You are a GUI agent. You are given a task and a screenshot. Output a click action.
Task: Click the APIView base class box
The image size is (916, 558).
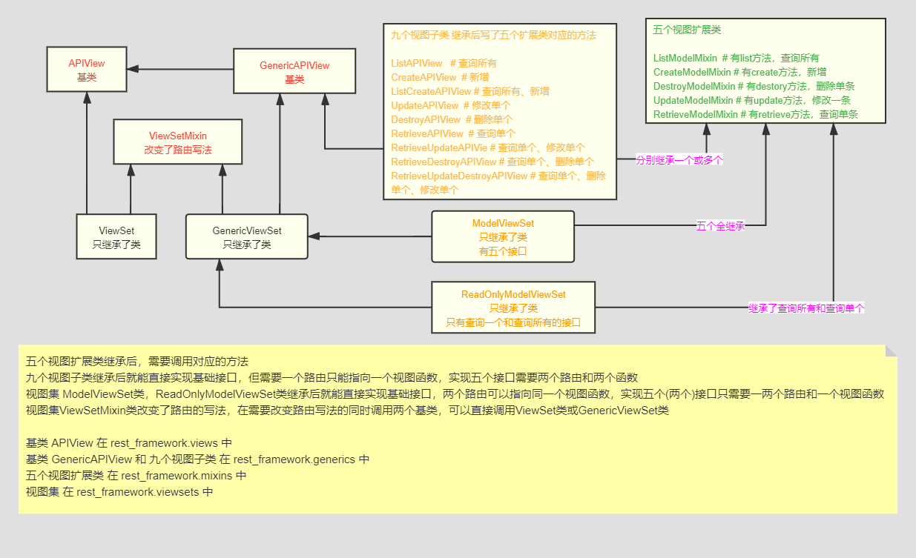click(86, 70)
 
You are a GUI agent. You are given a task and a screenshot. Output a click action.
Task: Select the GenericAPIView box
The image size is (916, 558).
click(294, 71)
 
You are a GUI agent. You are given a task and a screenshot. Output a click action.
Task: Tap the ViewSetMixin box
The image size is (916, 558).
click(177, 142)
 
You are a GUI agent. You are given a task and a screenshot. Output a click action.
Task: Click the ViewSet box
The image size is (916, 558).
click(116, 237)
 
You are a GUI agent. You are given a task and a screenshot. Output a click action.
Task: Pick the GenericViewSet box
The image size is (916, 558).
click(246, 237)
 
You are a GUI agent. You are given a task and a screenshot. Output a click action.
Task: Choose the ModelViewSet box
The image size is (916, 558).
click(503, 236)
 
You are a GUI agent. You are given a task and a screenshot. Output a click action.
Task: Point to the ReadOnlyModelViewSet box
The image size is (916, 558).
click(513, 308)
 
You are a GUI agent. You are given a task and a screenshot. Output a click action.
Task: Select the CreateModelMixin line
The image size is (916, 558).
click(735, 72)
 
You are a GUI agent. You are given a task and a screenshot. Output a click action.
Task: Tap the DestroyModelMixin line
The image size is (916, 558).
click(754, 86)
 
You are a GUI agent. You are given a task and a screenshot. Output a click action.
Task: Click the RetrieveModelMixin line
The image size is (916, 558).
click(756, 115)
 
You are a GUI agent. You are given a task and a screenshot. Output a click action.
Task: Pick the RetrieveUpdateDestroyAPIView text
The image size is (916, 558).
click(459, 176)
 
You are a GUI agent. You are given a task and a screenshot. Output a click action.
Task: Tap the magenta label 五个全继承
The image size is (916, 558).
click(720, 226)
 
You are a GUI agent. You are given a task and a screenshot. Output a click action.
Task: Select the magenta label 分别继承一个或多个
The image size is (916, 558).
click(679, 159)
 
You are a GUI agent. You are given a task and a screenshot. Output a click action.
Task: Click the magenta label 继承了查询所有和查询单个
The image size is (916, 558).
click(806, 308)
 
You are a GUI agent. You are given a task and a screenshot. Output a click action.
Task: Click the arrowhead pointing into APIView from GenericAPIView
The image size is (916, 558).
click(134, 70)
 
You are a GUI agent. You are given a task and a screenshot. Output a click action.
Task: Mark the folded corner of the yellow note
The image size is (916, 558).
click(891, 351)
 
